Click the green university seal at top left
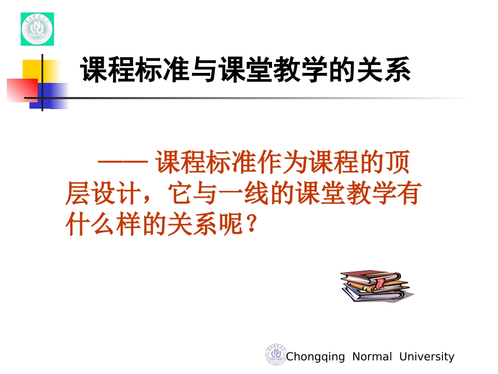[x=37, y=29]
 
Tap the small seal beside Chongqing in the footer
[x=275, y=355]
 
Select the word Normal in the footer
[x=372, y=357]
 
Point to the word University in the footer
[x=426, y=357]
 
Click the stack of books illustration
[x=375, y=286]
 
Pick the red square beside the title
[x=22, y=90]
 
